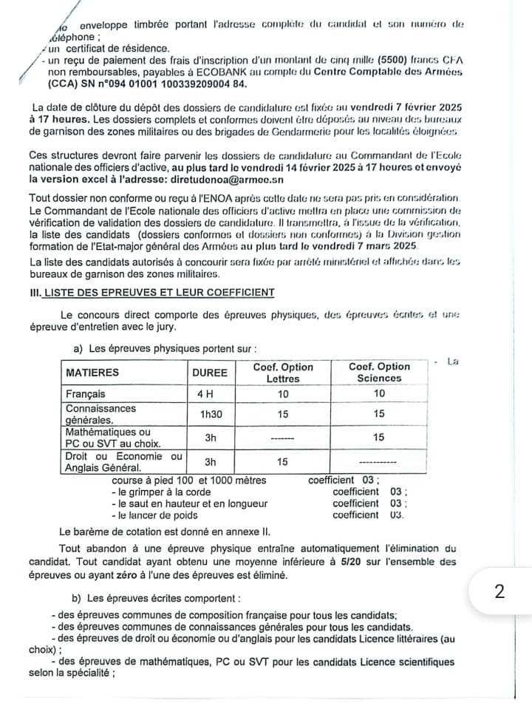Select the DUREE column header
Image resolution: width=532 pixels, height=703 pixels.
click(210, 373)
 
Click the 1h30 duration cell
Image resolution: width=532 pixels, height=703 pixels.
click(211, 415)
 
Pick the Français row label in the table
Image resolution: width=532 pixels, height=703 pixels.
click(86, 395)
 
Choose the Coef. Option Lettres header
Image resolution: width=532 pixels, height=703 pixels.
click(283, 373)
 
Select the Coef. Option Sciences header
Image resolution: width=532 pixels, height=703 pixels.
click(379, 373)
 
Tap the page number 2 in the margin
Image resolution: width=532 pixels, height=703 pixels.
click(499, 592)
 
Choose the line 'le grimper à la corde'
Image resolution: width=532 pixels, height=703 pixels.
click(159, 491)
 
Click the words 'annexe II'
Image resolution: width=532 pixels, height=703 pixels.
click(250, 531)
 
